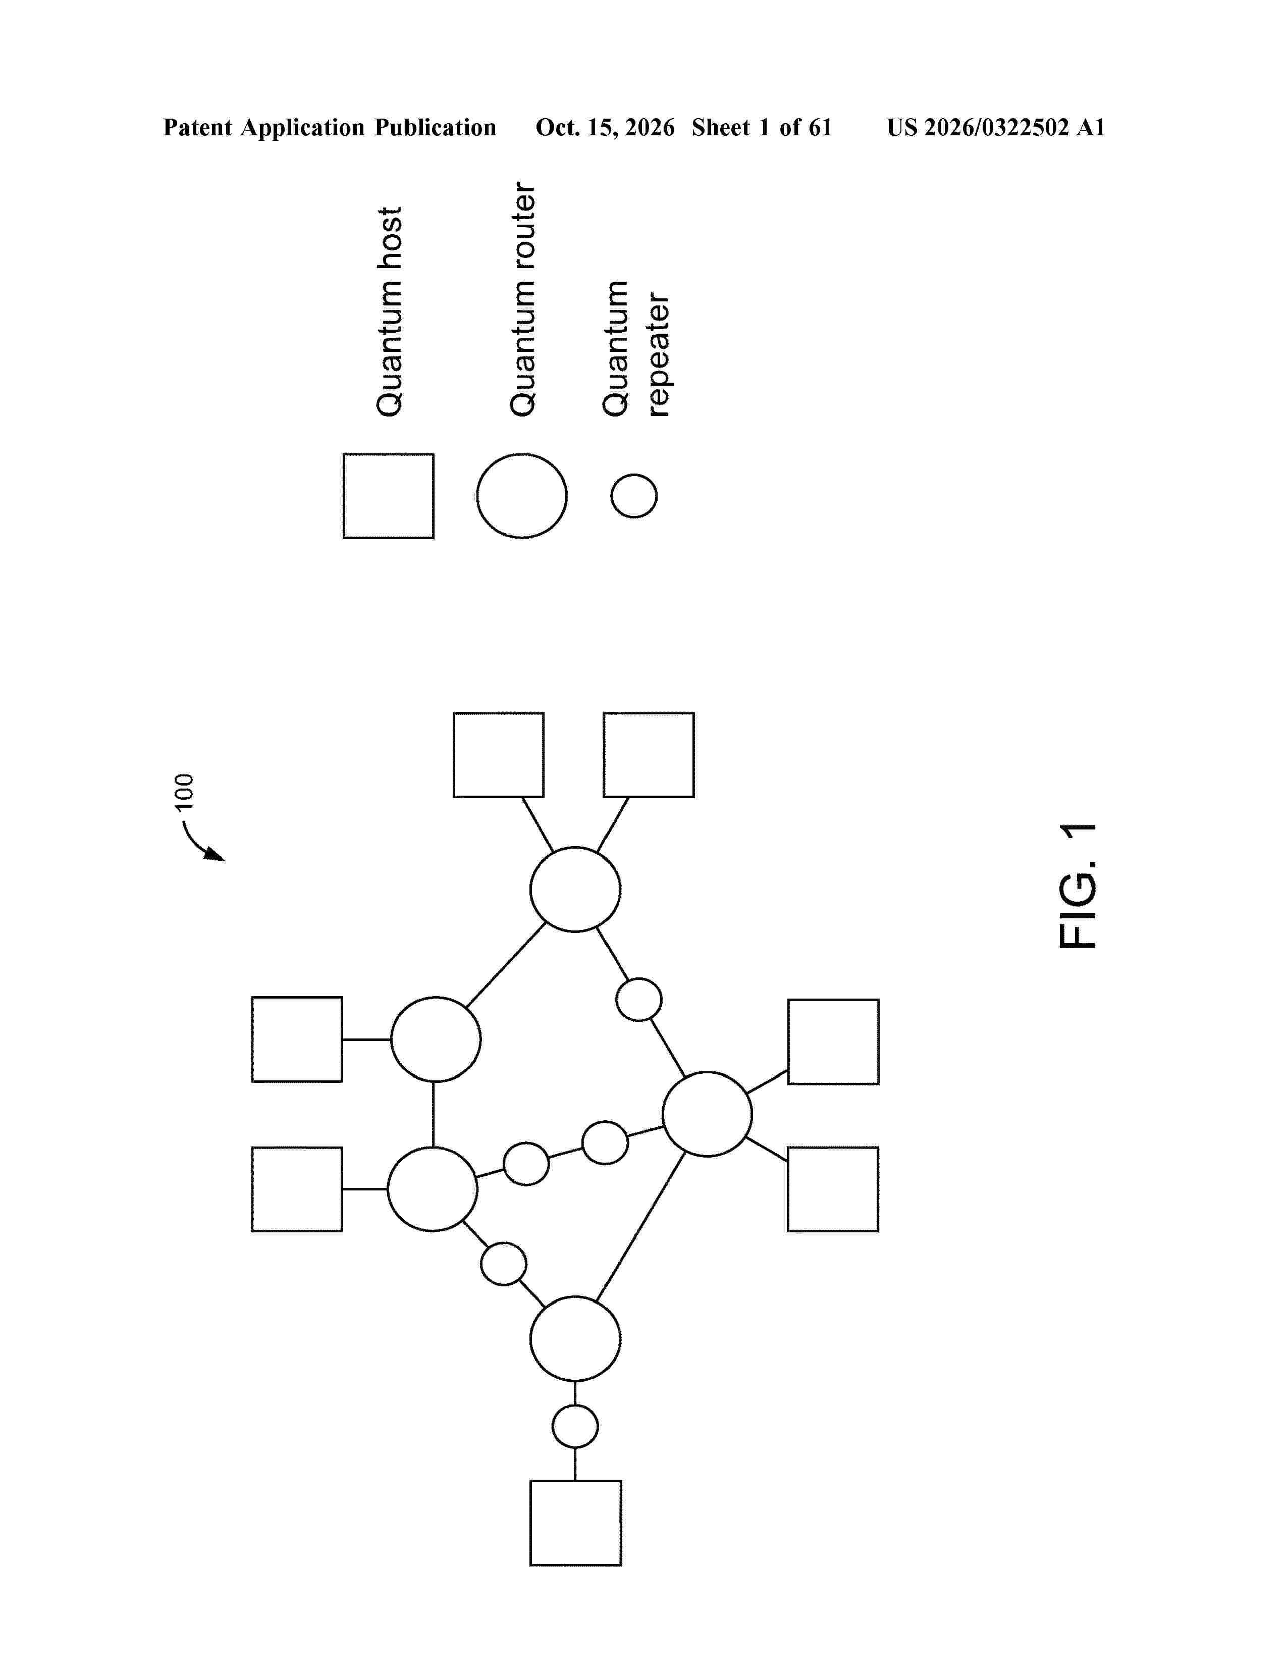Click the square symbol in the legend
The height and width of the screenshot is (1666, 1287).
pos(388,496)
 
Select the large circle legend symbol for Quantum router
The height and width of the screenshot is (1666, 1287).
pos(521,496)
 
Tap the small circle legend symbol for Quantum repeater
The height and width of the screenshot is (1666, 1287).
pos(633,496)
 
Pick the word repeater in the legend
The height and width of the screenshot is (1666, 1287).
pos(657,355)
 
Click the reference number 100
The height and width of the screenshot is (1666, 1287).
pos(185,792)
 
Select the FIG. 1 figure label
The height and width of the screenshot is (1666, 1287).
pos(1078,886)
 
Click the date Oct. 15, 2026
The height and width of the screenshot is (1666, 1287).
pos(605,127)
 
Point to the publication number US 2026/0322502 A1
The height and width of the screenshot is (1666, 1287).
pos(996,127)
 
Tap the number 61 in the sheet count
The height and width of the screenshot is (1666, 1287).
pos(820,127)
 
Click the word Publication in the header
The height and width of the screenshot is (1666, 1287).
pos(435,127)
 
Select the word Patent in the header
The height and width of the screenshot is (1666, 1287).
pos(197,127)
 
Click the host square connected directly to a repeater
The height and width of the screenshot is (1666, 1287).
pos(576,1523)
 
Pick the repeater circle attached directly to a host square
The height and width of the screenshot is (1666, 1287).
pos(575,1427)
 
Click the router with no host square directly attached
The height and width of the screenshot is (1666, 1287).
pos(575,1339)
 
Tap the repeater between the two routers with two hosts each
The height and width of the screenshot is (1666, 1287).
pos(639,999)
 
